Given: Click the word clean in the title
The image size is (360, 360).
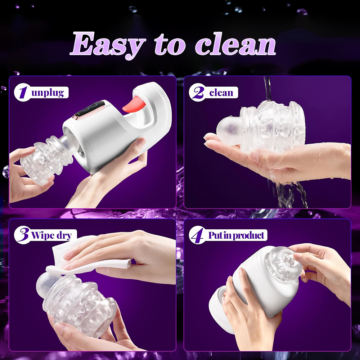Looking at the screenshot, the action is [x=235, y=44].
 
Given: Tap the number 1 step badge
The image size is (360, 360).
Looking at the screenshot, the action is [x=22, y=93].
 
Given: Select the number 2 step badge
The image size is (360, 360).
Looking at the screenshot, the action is [x=197, y=93].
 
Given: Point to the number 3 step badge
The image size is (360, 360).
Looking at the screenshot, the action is [x=22, y=235].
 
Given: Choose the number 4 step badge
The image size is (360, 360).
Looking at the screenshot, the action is [x=197, y=235].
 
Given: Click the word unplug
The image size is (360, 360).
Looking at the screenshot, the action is [x=48, y=93].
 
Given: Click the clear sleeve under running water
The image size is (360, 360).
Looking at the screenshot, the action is [x=261, y=127].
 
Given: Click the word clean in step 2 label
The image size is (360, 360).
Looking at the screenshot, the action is [x=221, y=93].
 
